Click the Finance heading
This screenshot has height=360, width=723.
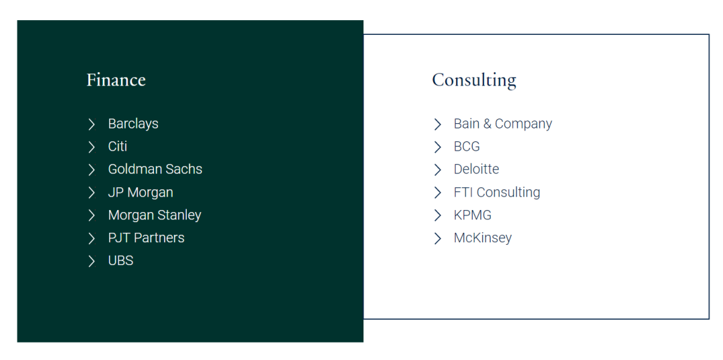tap(116, 80)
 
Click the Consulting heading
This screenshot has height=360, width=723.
tap(474, 80)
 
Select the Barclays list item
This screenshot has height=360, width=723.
tap(133, 124)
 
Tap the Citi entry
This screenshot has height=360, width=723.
tap(118, 146)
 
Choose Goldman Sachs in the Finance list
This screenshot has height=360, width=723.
tap(155, 169)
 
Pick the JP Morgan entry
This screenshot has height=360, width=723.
tap(141, 192)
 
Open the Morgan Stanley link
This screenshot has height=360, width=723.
tap(155, 215)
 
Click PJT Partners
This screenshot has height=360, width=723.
tap(146, 238)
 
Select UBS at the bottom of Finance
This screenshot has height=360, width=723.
tap(120, 260)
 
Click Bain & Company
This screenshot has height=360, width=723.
tap(503, 124)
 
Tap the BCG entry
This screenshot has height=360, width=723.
tap(467, 146)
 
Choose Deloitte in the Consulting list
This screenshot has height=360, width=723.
tap(477, 169)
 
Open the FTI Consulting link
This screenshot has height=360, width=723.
tap(497, 192)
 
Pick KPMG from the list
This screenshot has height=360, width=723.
tap(473, 215)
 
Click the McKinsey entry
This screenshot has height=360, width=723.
tap(483, 238)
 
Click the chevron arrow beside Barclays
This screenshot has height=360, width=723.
tap(92, 124)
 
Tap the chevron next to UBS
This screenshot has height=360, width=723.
tap(92, 261)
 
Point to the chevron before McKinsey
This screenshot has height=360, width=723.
tap(438, 238)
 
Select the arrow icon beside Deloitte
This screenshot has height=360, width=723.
tap(438, 170)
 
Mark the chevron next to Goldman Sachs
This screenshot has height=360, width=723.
tap(92, 170)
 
